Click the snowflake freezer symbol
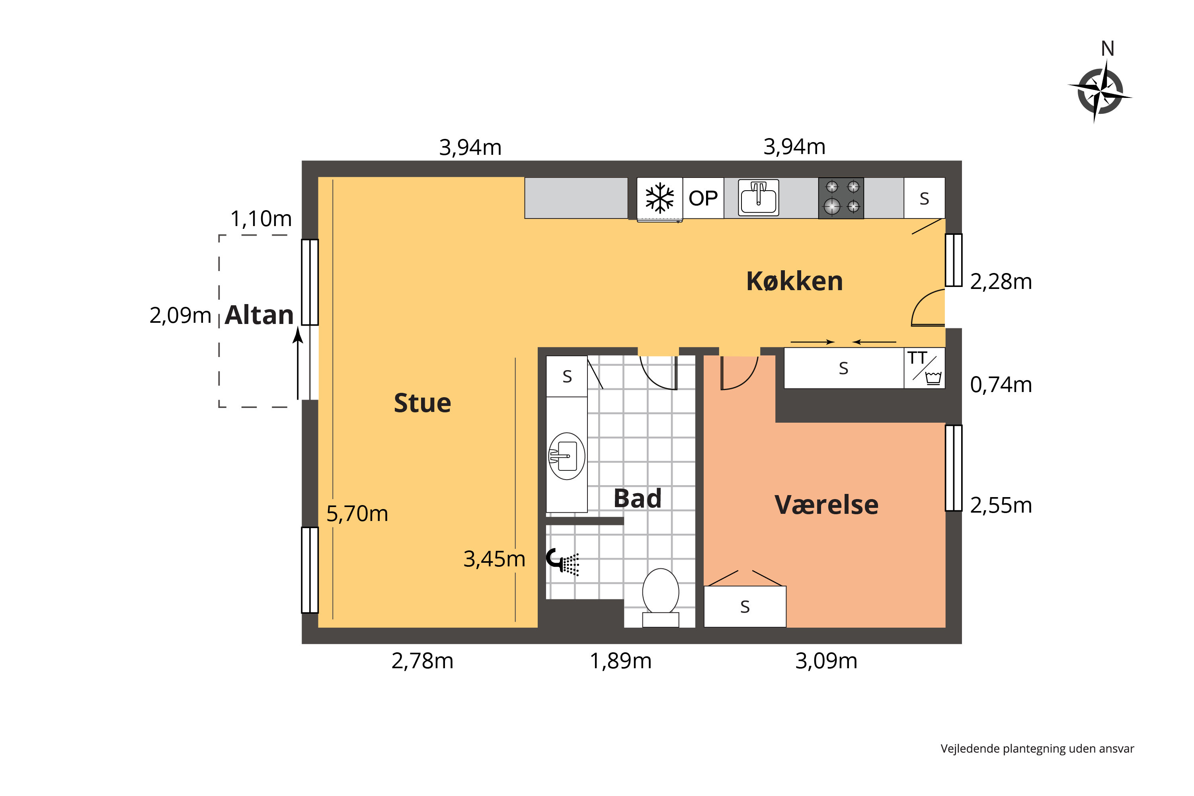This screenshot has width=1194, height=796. (659, 198)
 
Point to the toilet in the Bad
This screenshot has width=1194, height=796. (660, 597)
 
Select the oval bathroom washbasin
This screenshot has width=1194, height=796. (566, 456)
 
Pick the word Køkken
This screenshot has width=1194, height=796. (794, 281)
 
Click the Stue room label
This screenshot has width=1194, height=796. (422, 403)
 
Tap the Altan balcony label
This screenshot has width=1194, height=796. (259, 315)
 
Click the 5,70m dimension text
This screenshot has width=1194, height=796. (357, 514)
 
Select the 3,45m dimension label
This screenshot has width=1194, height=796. (494, 559)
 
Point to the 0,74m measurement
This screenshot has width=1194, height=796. (1001, 385)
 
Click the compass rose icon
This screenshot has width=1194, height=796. (1100, 92)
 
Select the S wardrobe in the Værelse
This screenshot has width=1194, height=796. (745, 606)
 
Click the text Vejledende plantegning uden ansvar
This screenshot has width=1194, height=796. (1037, 748)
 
